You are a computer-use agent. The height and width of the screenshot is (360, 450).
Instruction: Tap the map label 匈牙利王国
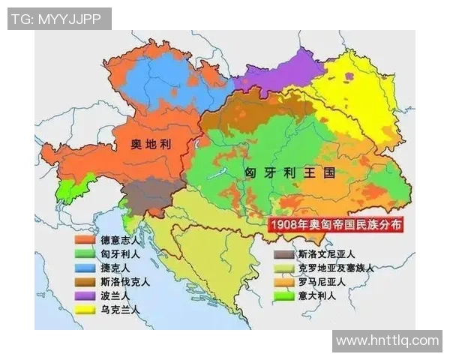coord(289,172)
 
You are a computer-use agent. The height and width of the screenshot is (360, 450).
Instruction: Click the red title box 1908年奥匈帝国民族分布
coord(336,224)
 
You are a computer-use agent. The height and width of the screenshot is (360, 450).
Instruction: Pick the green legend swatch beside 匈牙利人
coord(84,254)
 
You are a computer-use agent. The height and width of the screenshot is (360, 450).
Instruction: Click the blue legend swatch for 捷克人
coord(84,268)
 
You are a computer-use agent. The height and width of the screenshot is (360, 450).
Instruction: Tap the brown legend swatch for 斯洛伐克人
coord(84,282)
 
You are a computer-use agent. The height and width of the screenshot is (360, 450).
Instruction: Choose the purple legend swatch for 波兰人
coord(84,295)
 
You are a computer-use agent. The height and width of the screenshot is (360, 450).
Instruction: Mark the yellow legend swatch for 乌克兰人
coord(84,310)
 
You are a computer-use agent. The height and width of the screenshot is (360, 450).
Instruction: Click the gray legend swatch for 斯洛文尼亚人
coord(283,254)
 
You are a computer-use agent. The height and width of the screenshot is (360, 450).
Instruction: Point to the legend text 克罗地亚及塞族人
coord(335,268)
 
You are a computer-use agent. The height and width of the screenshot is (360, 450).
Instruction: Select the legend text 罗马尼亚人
coord(321,282)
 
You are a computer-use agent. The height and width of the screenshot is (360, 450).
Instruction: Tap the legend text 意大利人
coord(316,295)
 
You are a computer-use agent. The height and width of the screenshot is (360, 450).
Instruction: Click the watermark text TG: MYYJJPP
coord(59,19)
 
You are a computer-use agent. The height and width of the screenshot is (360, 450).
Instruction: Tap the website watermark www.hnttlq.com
coord(386,340)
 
